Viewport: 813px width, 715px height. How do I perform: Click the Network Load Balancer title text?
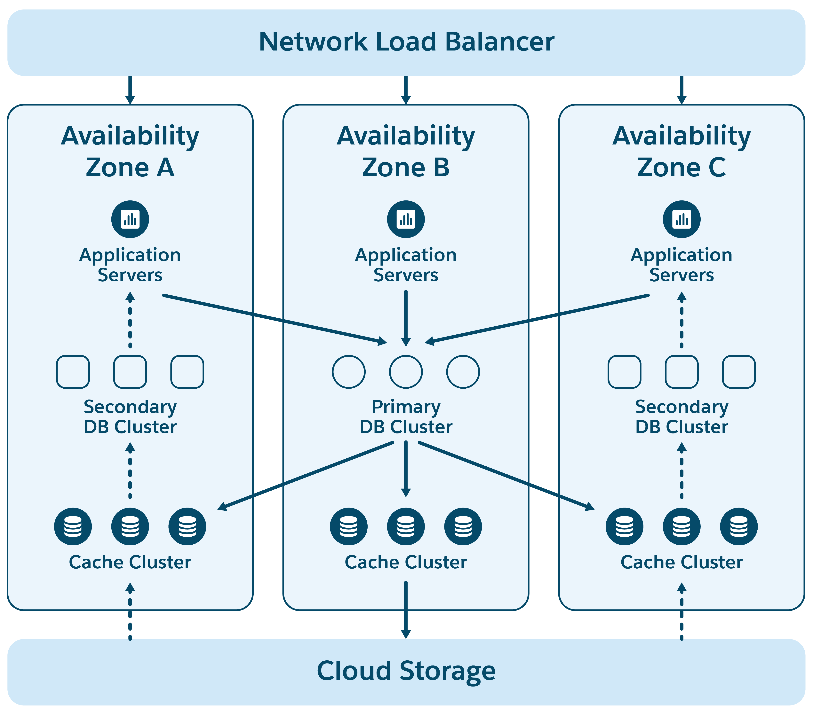406,42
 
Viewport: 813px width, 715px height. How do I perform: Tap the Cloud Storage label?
406,671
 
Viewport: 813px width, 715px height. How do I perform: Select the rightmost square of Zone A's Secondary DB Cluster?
187,372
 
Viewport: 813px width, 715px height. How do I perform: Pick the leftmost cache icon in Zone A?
73,526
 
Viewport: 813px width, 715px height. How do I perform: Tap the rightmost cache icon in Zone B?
463,526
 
